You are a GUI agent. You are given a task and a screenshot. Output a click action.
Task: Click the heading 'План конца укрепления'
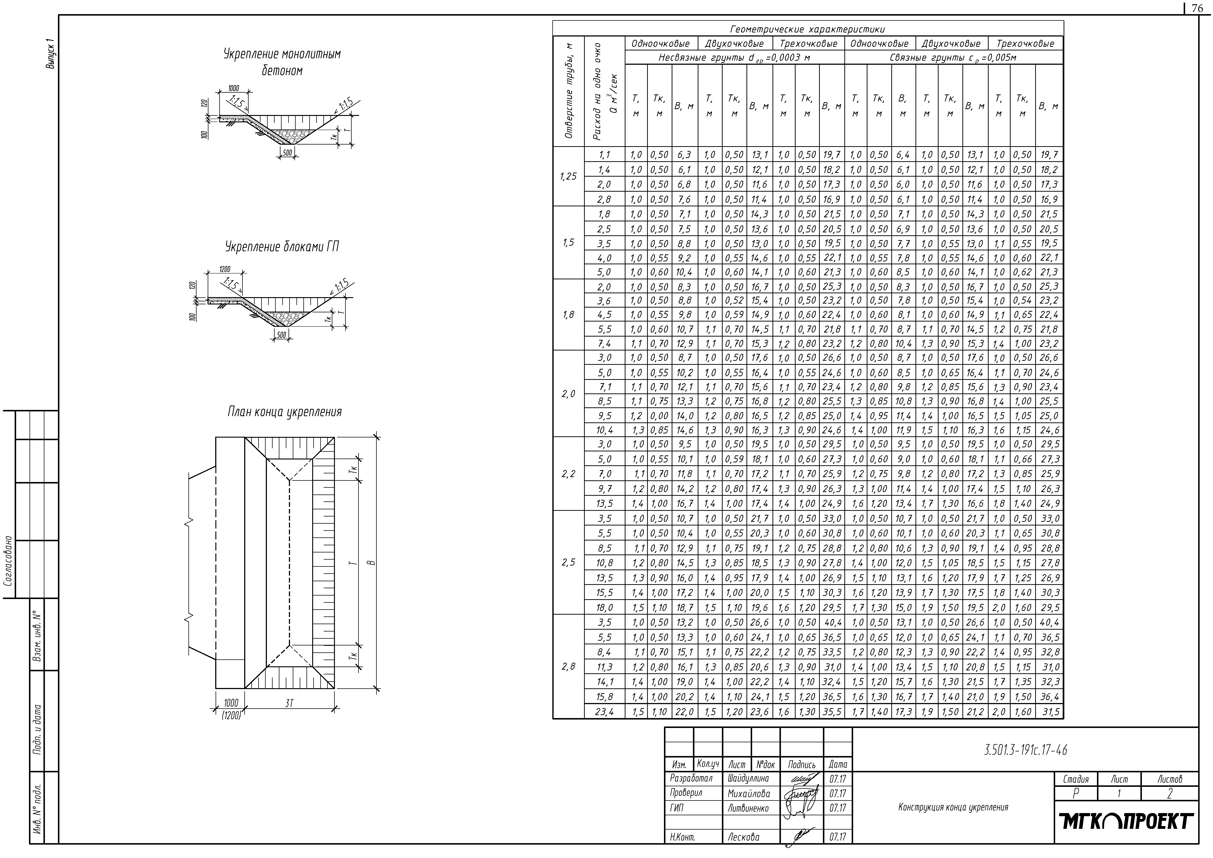click(x=284, y=412)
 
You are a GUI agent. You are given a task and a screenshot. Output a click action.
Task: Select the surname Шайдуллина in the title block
click(x=748, y=778)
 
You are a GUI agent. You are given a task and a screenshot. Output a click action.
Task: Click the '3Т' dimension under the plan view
click(x=289, y=704)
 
